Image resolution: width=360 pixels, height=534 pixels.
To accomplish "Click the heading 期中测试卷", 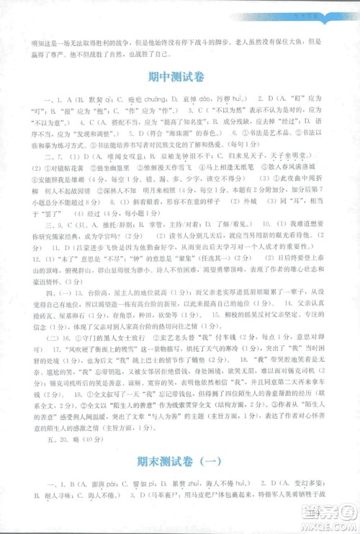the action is click(x=179, y=74).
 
